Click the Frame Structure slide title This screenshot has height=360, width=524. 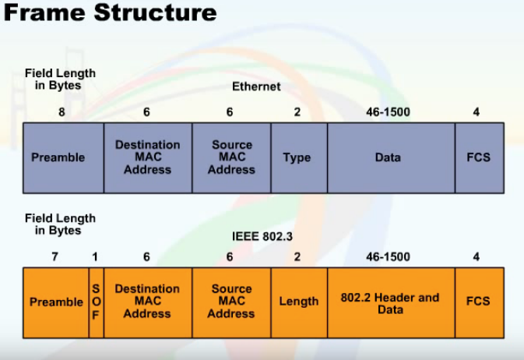pyautogui.click(x=109, y=13)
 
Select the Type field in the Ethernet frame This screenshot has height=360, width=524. pyautogui.click(x=297, y=157)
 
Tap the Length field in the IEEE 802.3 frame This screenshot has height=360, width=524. pyautogui.click(x=299, y=302)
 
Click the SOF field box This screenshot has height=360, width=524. pyautogui.click(x=96, y=302)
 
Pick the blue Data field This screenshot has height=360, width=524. pyautogui.click(x=388, y=157)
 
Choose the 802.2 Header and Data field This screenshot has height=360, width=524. pyautogui.click(x=390, y=302)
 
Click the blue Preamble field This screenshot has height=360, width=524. pyautogui.click(x=58, y=157)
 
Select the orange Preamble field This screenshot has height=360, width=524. pyautogui.click(x=56, y=302)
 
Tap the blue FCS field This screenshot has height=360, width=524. pyautogui.click(x=478, y=157)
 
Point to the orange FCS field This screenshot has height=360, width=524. pyautogui.click(x=478, y=302)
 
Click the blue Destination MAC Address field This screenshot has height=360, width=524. pyautogui.click(x=147, y=157)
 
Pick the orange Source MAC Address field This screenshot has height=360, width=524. pyautogui.click(x=231, y=302)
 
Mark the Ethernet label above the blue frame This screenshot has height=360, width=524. pyautogui.click(x=256, y=86)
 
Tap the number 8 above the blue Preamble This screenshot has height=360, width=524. pyautogui.click(x=62, y=112)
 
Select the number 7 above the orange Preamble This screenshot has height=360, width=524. pyautogui.click(x=55, y=256)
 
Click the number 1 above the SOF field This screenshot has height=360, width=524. pyautogui.click(x=95, y=256)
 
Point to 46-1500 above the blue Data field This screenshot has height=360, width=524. pyautogui.click(x=388, y=112)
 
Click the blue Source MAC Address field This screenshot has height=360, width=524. pyautogui.click(x=231, y=157)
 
